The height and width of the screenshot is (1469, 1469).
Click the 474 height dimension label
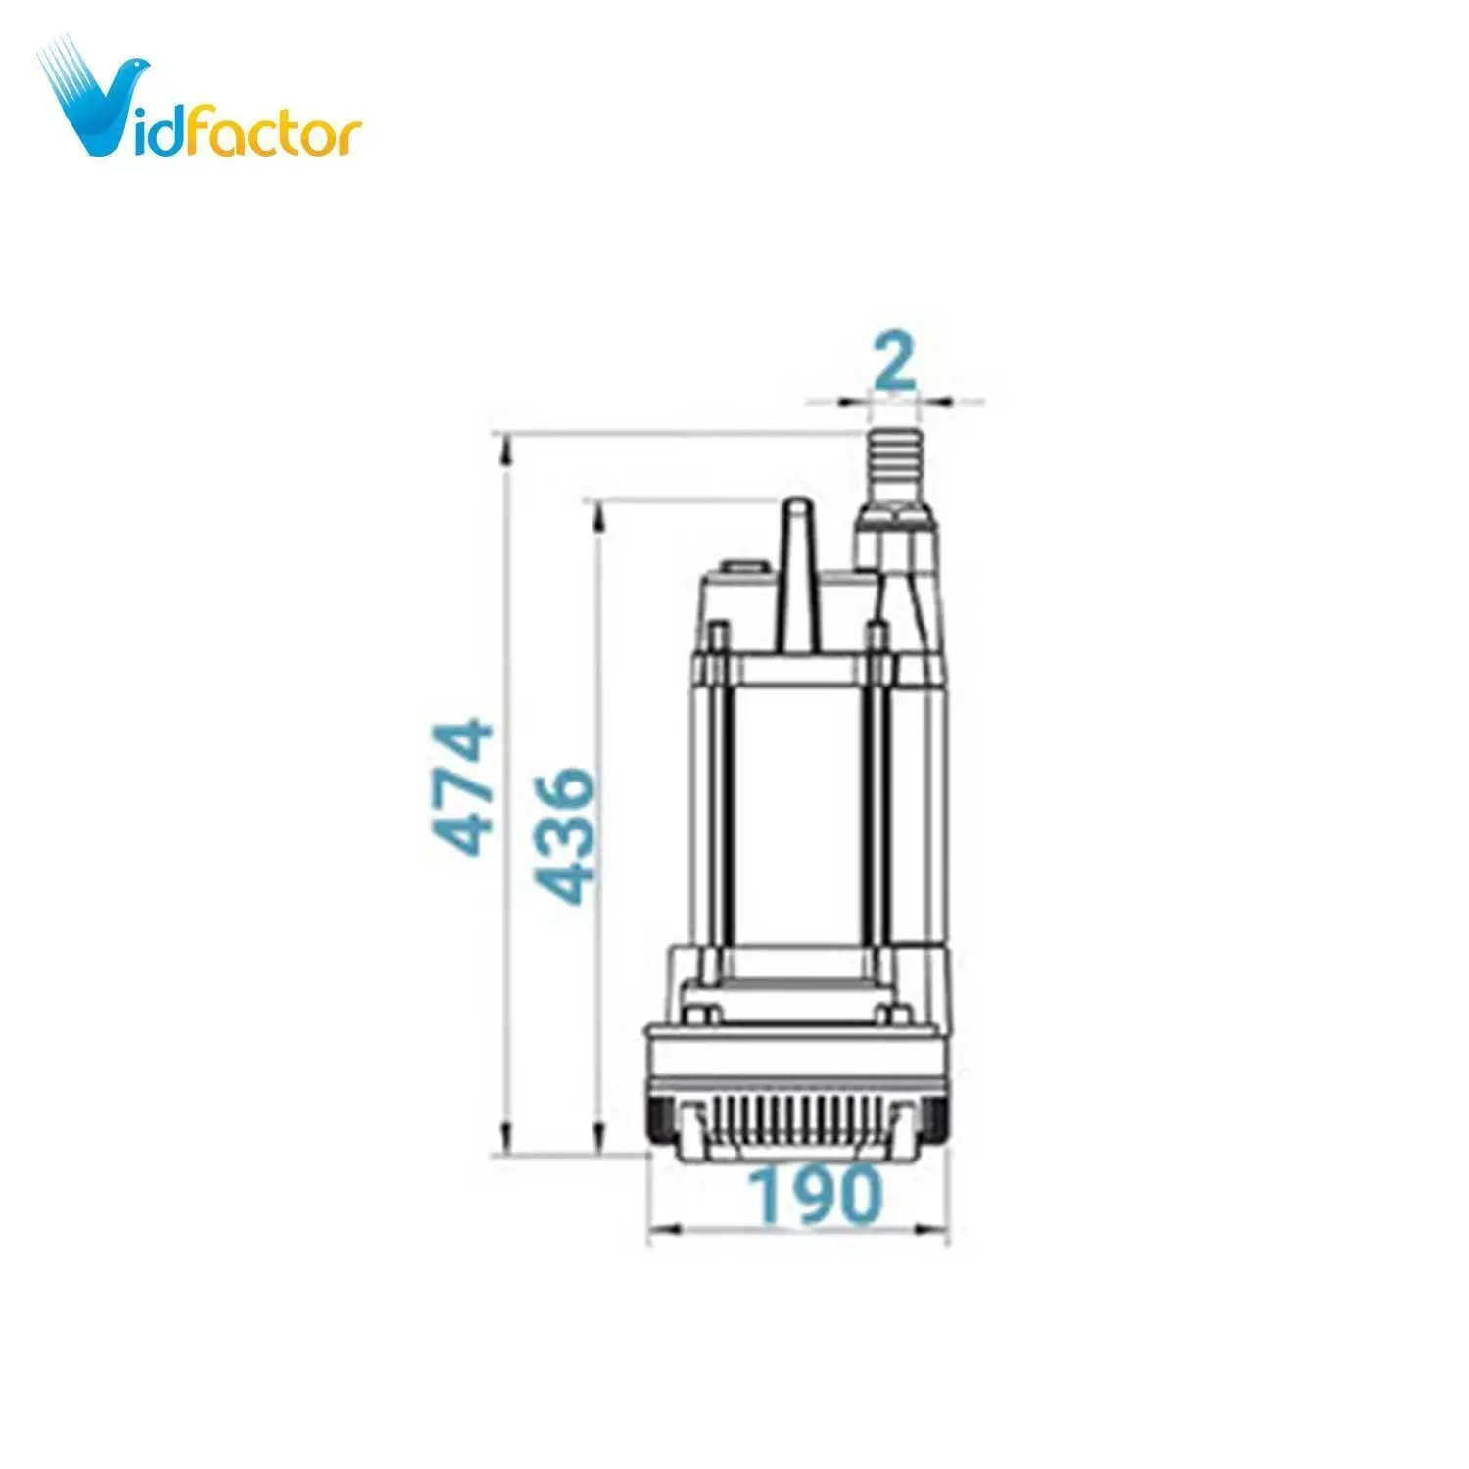464,787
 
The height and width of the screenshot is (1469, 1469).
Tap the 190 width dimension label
815,1195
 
